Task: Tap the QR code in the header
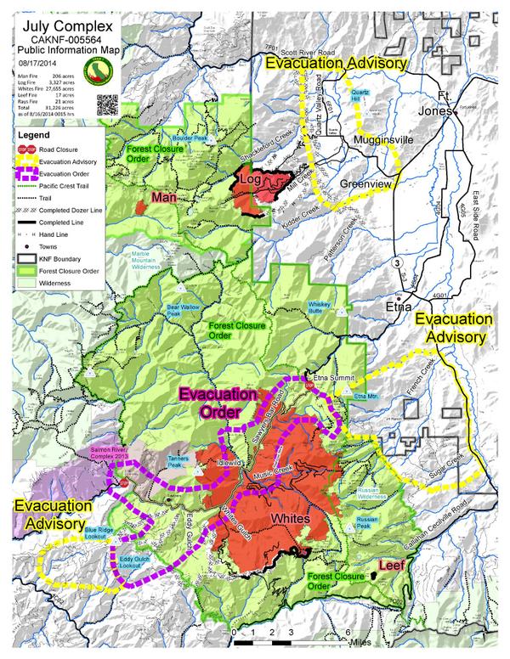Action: [106, 104]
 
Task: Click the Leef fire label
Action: [391, 565]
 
